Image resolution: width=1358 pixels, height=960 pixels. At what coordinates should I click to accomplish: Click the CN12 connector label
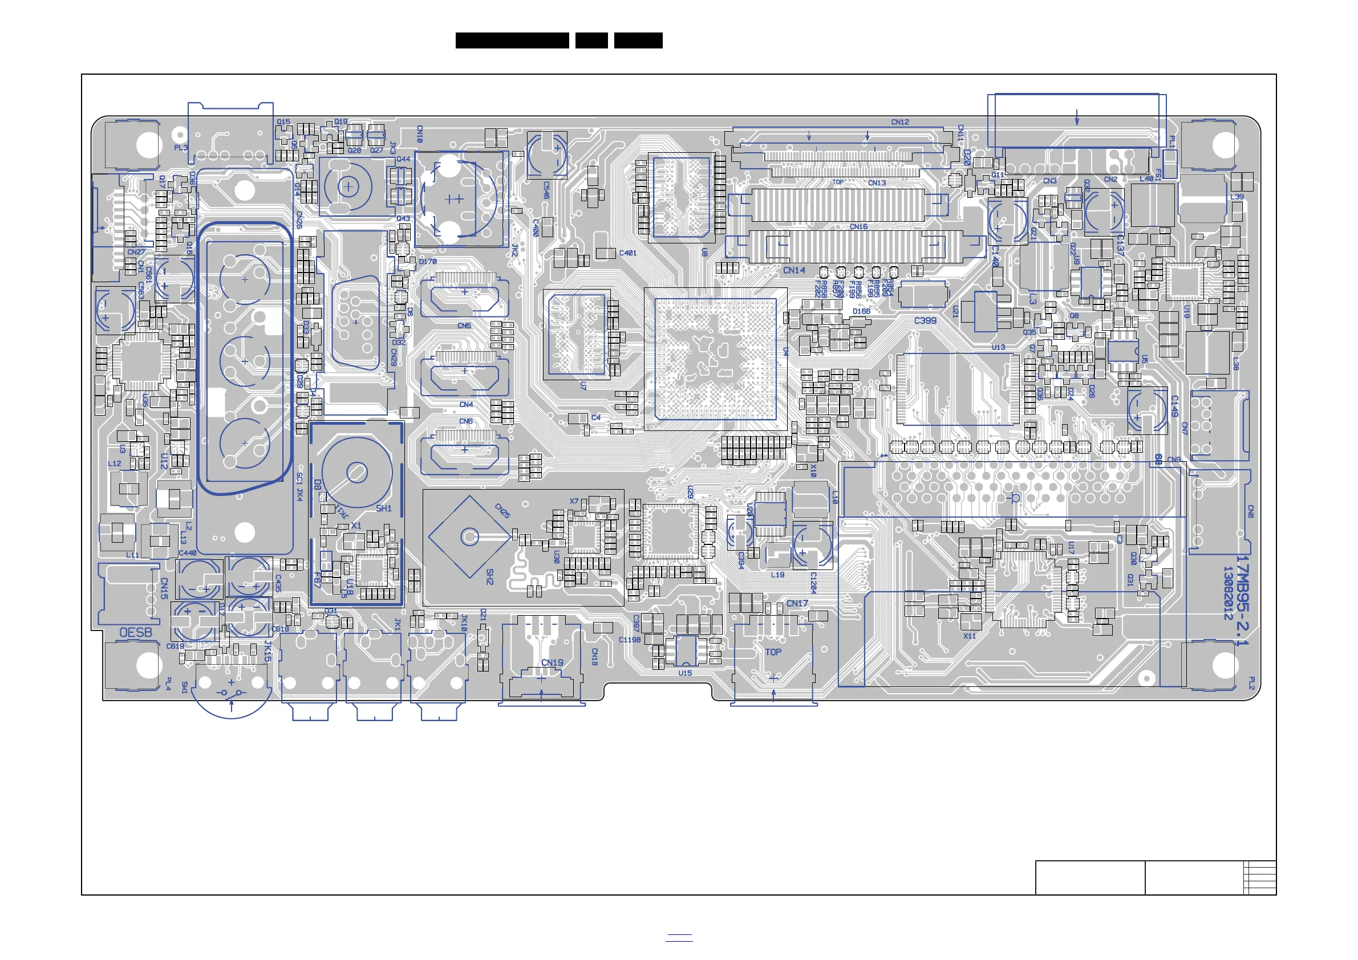point(899,123)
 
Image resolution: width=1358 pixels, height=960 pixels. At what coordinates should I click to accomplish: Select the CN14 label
point(794,270)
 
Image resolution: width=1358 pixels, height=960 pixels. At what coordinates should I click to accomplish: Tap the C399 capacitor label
point(925,320)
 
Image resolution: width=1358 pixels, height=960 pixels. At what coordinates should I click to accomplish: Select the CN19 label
point(552,662)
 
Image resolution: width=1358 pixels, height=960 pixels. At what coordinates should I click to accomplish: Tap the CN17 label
point(797,604)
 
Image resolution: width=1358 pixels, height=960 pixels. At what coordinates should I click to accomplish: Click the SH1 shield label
point(383,509)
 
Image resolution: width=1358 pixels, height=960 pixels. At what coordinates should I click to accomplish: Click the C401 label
point(627,253)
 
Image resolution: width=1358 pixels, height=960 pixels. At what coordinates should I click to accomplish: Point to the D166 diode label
point(861,311)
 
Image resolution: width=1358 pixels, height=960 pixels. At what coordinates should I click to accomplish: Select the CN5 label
point(464,326)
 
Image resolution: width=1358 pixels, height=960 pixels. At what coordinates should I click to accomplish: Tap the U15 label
point(685,673)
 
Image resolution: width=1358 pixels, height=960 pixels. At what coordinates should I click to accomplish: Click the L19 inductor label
point(777,575)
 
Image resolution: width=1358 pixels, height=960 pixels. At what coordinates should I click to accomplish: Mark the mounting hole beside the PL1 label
point(1226,145)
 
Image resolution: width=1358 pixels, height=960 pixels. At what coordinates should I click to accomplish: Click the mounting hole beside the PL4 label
point(148,665)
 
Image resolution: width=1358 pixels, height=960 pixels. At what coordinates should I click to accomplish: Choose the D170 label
point(428,261)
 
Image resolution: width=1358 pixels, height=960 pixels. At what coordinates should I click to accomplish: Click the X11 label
point(970,636)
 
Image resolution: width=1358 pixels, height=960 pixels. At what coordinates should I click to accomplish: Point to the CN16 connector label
point(858,226)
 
